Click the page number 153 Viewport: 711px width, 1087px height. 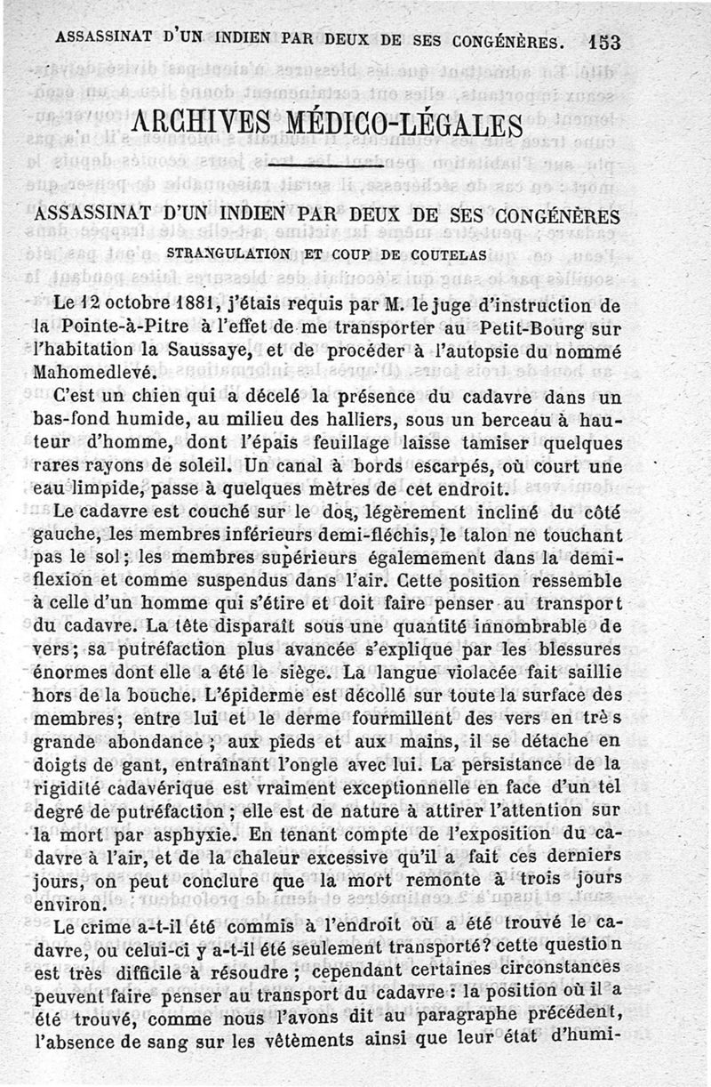click(603, 41)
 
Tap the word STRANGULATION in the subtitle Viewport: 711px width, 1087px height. click(223, 254)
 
